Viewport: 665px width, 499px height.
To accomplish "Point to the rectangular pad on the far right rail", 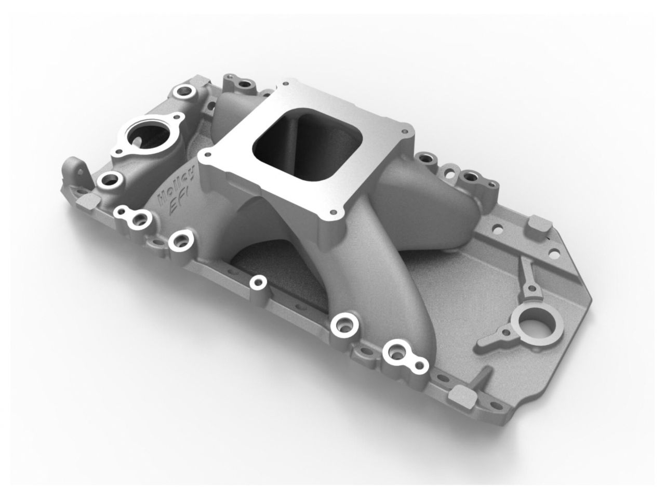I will [x=538, y=227].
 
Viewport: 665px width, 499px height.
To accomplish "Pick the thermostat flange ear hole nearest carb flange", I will [x=175, y=119].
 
